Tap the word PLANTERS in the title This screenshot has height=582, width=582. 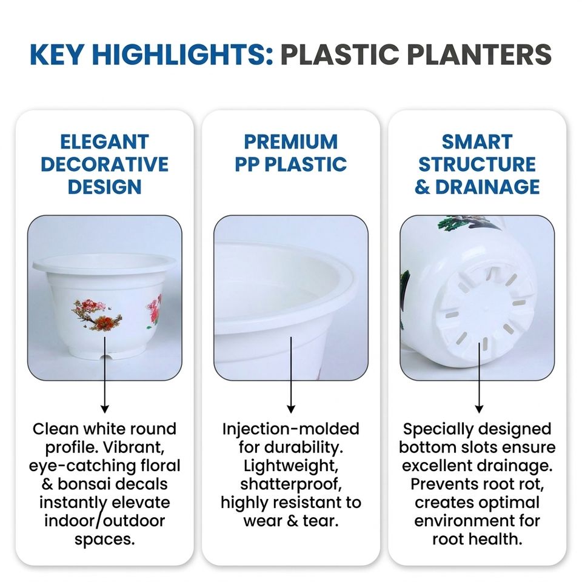click(x=479, y=54)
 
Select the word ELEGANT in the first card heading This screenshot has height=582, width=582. click(x=105, y=142)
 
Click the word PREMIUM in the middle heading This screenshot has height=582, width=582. click(x=291, y=142)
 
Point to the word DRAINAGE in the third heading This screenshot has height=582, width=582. click(x=487, y=187)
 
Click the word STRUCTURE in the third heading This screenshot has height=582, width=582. click(x=477, y=164)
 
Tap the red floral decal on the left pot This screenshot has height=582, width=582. click(x=97, y=314)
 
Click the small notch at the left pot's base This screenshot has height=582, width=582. click(x=105, y=357)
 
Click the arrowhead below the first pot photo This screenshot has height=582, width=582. click(x=105, y=409)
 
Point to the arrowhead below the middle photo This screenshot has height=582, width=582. click(x=291, y=409)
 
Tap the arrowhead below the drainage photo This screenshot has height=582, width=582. click(x=479, y=409)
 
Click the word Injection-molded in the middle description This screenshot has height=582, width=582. click(x=291, y=429)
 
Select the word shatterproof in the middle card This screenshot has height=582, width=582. click(x=291, y=484)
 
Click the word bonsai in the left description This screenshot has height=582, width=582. click(x=85, y=484)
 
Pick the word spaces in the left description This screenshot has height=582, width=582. click(x=104, y=540)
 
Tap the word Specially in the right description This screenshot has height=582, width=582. click(x=430, y=430)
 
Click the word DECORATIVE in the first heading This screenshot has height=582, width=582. click(x=105, y=164)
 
